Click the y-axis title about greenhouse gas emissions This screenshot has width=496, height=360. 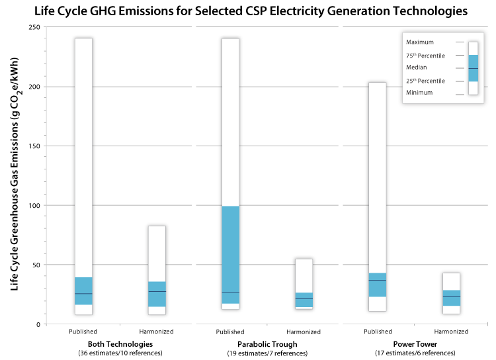[15, 175]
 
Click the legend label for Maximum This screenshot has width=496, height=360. [420, 42]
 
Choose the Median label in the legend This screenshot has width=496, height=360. [416, 67]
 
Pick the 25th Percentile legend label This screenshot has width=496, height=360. [425, 81]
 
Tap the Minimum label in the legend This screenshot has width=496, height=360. [419, 93]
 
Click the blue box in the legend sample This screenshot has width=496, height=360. [473, 67]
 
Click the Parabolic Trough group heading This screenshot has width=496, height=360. [267, 344]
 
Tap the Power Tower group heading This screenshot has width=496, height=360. [413, 344]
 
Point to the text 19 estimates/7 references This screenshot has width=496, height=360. [267, 353]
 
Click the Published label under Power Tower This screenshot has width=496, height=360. [377, 332]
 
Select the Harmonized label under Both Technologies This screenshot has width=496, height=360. [157, 332]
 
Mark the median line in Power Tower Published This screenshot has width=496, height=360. [377, 281]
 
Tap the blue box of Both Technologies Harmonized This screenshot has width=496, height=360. [157, 294]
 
